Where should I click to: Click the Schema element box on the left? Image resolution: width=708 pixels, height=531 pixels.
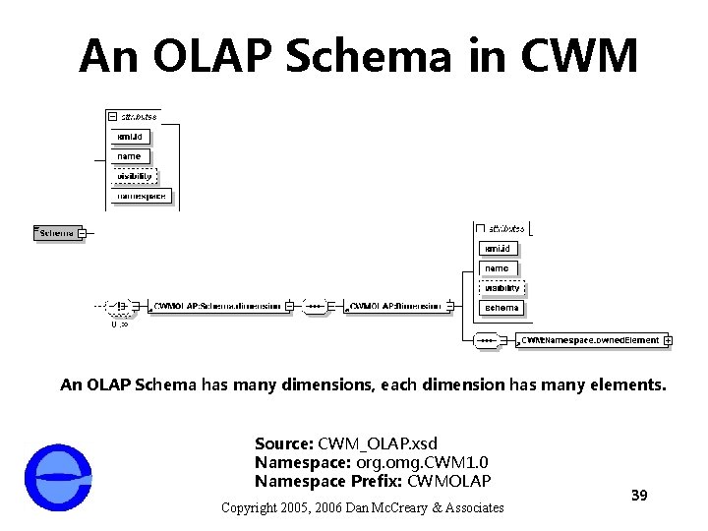coord(57,233)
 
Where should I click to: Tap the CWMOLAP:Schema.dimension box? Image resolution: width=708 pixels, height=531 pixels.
coord(217,306)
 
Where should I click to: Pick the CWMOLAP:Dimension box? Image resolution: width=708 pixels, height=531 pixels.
coord(396,306)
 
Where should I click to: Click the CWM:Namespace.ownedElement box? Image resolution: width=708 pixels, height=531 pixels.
coord(590,340)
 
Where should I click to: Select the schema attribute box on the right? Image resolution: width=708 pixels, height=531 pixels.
coord(501,308)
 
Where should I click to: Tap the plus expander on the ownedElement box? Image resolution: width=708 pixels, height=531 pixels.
coord(669,340)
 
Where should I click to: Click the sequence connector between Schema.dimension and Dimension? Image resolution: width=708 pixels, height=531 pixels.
coord(315,306)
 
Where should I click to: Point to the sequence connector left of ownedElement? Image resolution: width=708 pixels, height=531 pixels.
coord(487,340)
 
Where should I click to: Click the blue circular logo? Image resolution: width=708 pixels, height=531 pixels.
coord(59,477)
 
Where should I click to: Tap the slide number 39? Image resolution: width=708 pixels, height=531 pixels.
coord(638,495)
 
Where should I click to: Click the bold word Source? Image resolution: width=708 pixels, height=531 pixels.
coord(283,444)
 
